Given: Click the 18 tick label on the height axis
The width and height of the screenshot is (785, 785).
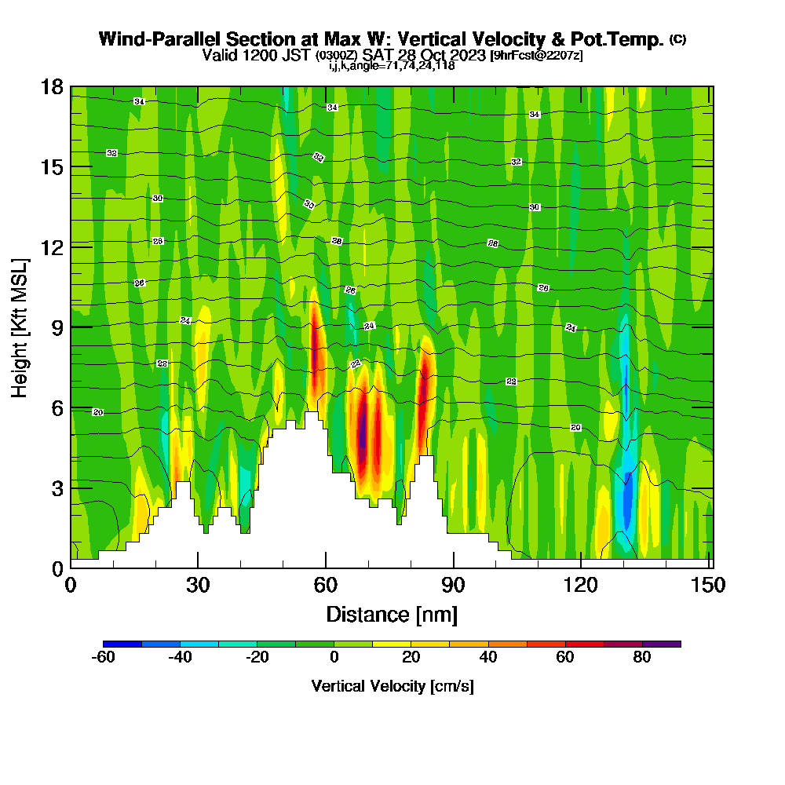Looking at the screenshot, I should click(52, 87).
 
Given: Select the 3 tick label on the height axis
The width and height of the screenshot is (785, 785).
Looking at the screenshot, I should click(57, 487).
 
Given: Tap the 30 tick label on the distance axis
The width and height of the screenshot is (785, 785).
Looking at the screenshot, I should click(198, 586).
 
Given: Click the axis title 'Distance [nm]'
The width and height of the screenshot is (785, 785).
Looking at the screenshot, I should click(392, 614).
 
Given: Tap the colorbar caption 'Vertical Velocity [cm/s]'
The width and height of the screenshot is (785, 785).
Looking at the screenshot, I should click(392, 686).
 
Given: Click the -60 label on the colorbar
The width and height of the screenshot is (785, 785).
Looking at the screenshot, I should click(104, 658).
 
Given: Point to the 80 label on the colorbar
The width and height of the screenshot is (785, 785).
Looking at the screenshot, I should click(642, 658).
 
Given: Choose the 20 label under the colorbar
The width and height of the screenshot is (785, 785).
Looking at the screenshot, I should click(411, 658).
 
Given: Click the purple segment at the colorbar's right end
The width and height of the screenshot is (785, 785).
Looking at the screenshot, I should click(662, 644).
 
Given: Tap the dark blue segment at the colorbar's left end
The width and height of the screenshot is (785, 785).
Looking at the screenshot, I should click(122, 644).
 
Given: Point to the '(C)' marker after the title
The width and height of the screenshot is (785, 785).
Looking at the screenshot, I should click(678, 39).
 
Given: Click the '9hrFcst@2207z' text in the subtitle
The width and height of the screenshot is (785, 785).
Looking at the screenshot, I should click(536, 56).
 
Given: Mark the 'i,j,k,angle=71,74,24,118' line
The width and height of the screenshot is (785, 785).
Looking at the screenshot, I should click(392, 66).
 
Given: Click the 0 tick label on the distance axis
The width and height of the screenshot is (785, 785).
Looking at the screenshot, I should click(71, 586).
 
